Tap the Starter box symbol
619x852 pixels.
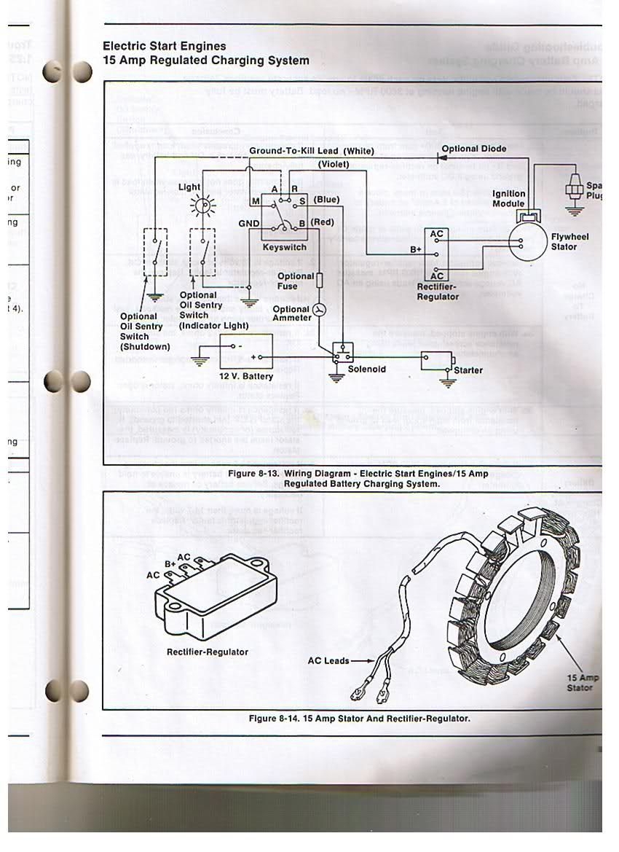pos(436,361)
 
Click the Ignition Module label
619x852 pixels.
pos(508,198)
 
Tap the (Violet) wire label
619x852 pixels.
pos(334,165)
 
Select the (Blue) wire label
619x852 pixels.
pos(326,199)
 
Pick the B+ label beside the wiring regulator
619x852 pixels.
pos(415,249)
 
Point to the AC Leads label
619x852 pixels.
pos(328,661)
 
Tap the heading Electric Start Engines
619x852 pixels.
pos(164,46)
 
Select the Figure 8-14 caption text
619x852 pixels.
pos(359,718)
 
